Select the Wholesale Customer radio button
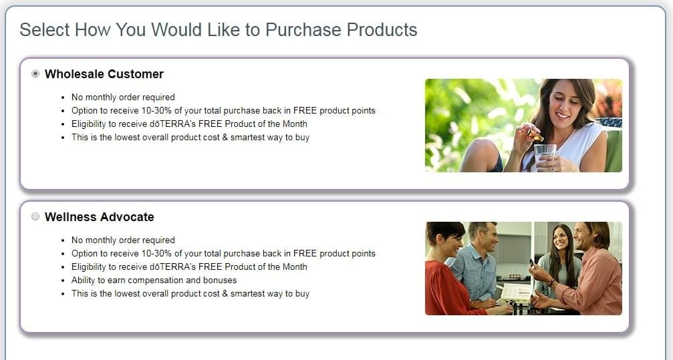(35, 73)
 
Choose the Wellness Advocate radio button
(35, 216)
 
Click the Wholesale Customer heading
(104, 74)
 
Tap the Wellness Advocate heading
(99, 217)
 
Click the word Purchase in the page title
(303, 30)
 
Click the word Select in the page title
(44, 30)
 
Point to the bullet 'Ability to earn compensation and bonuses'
(154, 281)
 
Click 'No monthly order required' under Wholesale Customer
(123, 98)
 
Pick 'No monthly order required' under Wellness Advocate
(123, 240)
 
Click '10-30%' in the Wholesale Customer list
(156, 111)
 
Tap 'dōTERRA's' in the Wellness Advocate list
(172, 267)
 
